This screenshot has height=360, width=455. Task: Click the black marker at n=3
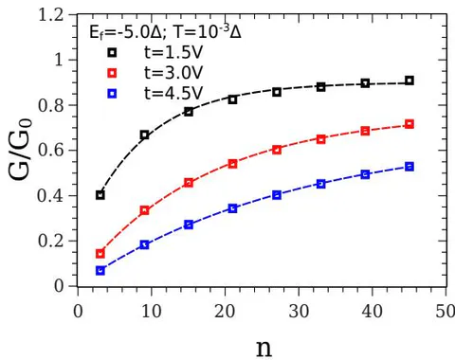click(x=100, y=195)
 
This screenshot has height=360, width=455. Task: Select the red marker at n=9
click(x=144, y=210)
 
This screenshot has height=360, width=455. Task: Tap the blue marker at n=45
click(x=409, y=167)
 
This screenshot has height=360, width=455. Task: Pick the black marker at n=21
click(x=232, y=99)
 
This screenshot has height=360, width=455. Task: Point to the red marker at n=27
click(x=277, y=150)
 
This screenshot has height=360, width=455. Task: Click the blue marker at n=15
click(x=189, y=225)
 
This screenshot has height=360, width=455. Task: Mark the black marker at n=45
click(x=409, y=81)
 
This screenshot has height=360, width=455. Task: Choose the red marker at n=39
click(x=365, y=131)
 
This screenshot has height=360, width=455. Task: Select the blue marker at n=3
click(x=100, y=271)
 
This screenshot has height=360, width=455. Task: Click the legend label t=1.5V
click(x=173, y=53)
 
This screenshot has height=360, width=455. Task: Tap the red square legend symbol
click(x=112, y=73)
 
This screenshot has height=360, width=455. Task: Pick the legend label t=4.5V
click(x=173, y=94)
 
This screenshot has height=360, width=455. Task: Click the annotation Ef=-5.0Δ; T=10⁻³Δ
click(x=165, y=31)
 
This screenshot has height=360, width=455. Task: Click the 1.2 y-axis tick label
click(x=51, y=15)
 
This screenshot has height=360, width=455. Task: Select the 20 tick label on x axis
click(x=225, y=312)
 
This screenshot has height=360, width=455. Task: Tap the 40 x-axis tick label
click(x=373, y=312)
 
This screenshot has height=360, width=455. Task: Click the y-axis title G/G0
click(x=20, y=150)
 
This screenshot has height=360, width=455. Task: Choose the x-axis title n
click(x=264, y=348)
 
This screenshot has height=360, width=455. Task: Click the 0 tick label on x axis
click(x=78, y=312)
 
